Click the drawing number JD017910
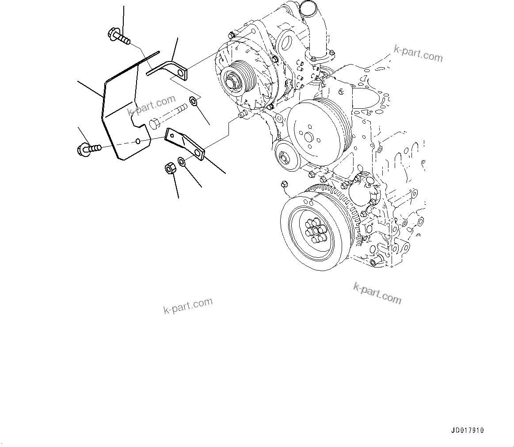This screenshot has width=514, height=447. coord(468,430)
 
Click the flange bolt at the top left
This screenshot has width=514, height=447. coord(118,37)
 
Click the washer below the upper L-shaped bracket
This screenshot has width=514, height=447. coord(194,102)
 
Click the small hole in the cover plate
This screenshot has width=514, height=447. coord(138,141)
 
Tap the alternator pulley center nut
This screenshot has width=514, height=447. coord(232,82)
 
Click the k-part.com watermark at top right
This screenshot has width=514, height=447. coord(418,54)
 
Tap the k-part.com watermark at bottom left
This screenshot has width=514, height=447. coord(188,306)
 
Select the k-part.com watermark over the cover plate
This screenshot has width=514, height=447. coord(151,105)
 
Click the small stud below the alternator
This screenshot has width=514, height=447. coord(241,115)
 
